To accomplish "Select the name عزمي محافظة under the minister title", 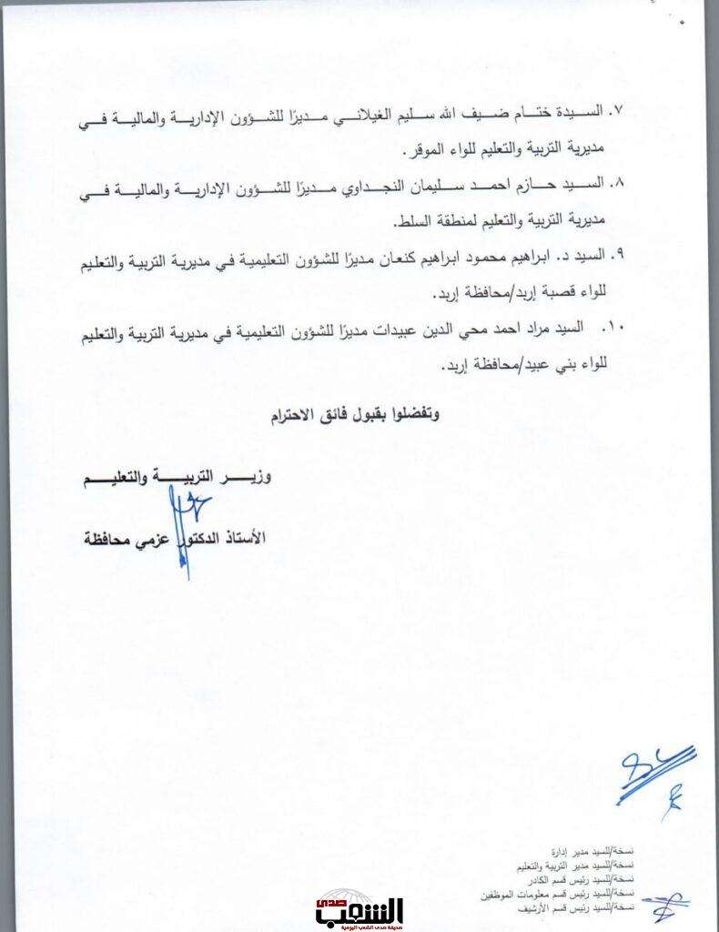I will tap(127, 538).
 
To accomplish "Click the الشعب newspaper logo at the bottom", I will tap(347, 912).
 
